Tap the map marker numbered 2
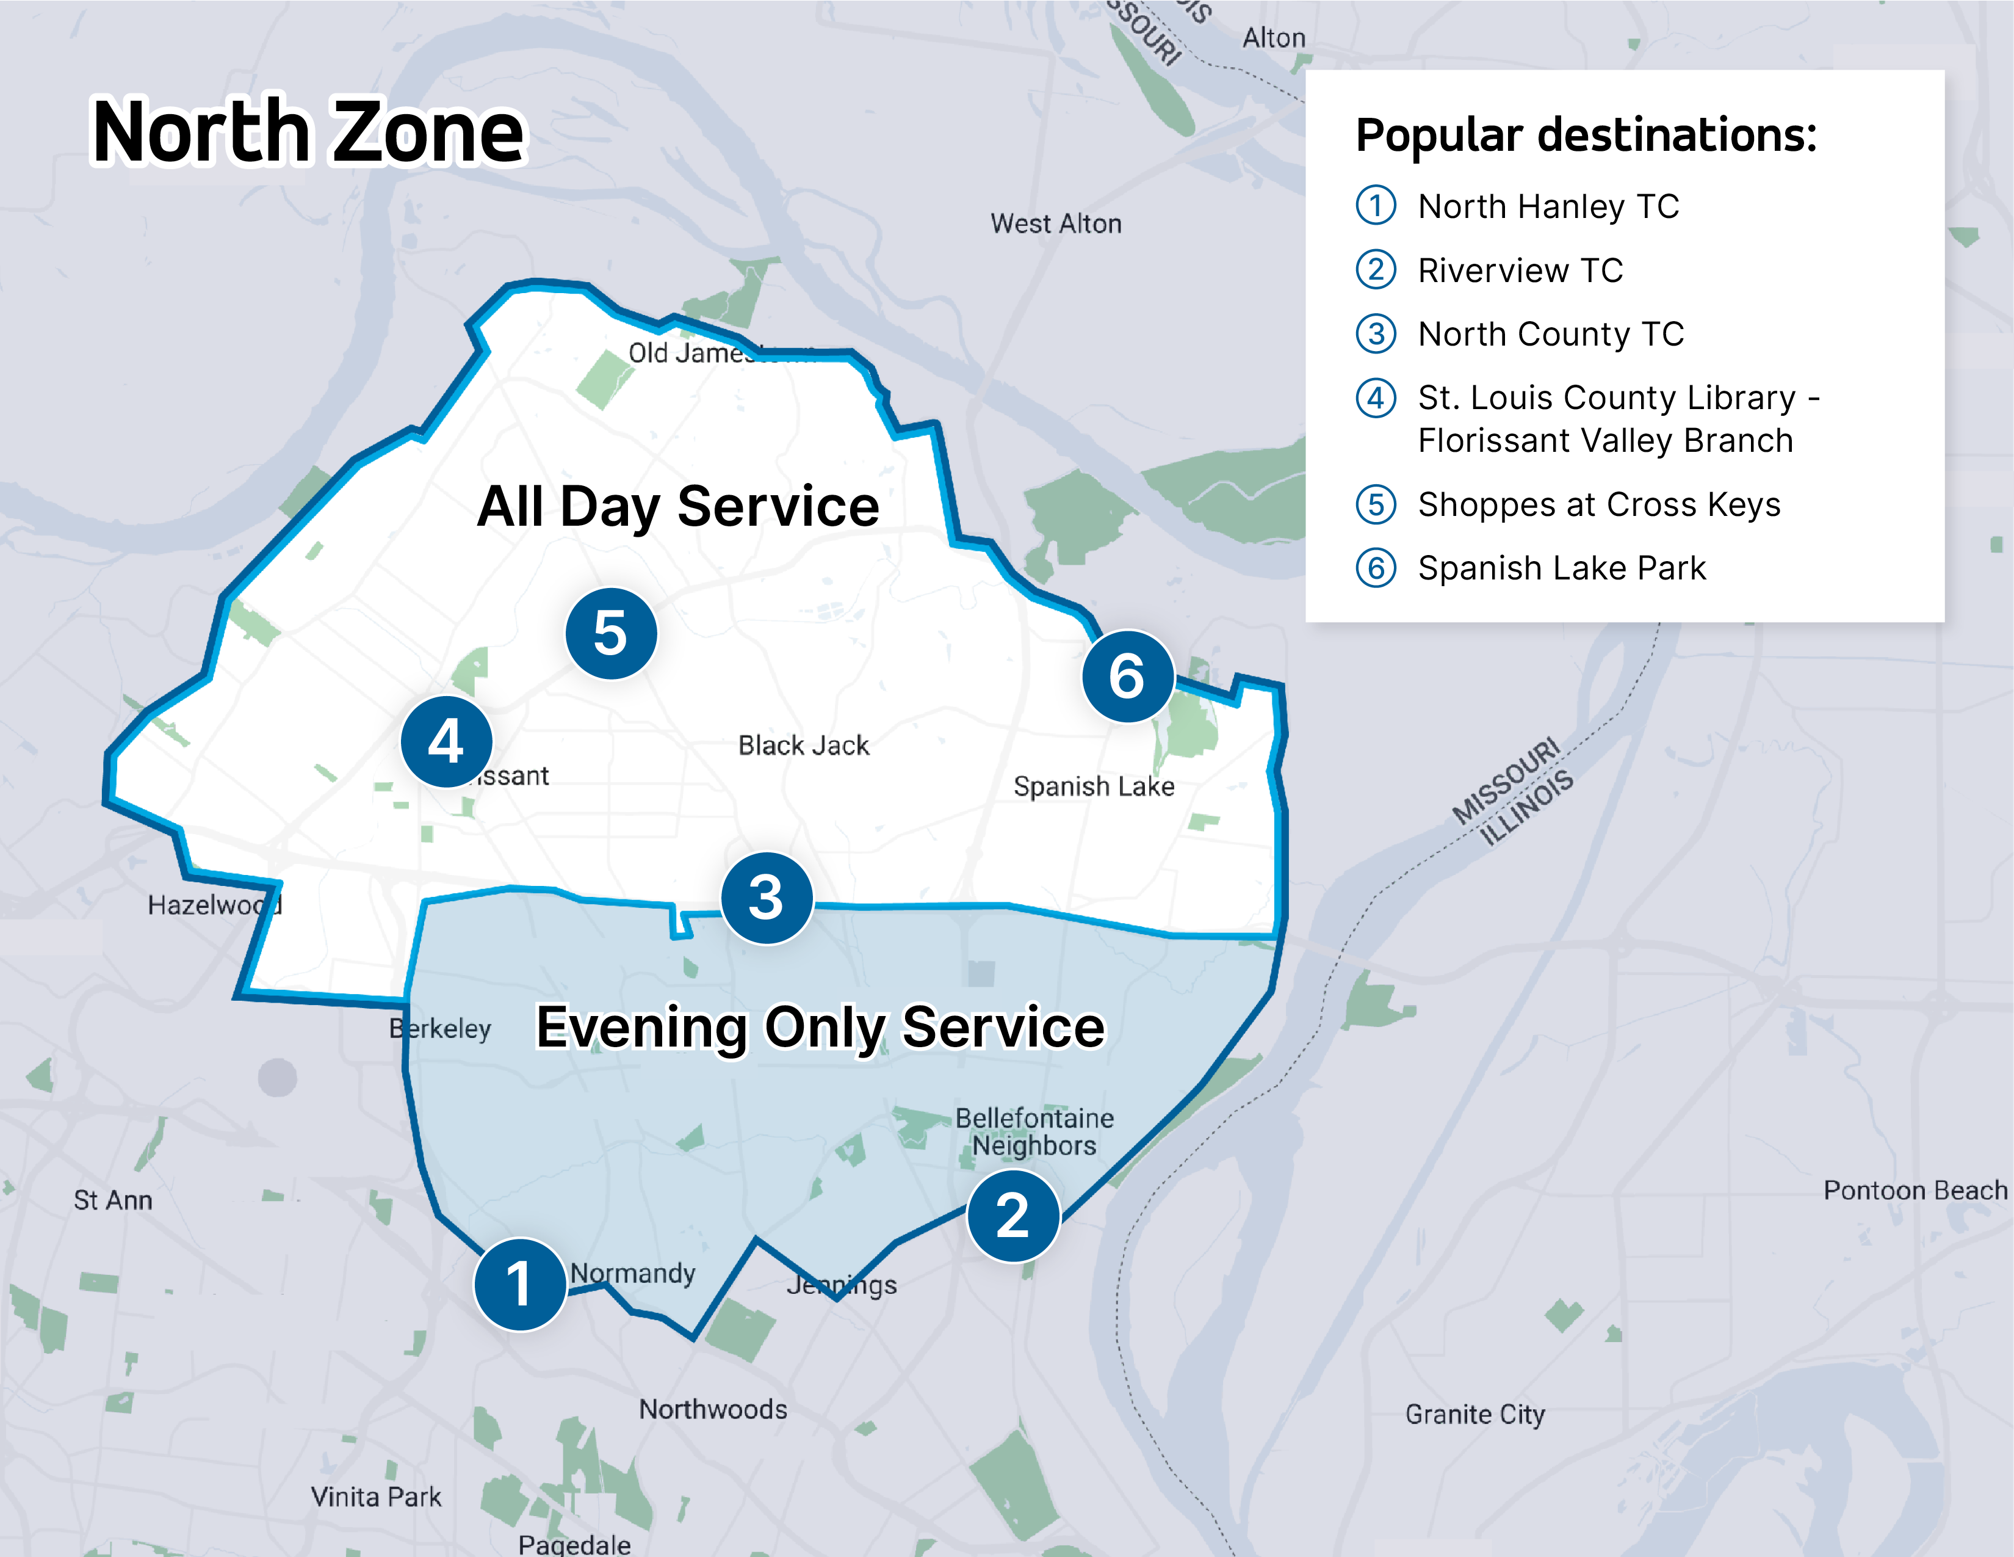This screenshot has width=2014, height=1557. pyautogui.click(x=1012, y=1216)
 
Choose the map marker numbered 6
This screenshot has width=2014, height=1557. pyautogui.click(x=1127, y=676)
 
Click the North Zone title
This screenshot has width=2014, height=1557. pyautogui.click(x=308, y=132)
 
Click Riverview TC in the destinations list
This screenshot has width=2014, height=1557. pyautogui.click(x=1520, y=270)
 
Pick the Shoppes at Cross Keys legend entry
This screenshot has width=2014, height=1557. pyautogui.click(x=1599, y=504)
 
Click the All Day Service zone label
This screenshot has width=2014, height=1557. pyautogui.click(x=678, y=506)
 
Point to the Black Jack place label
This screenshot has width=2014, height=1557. pyautogui.click(x=803, y=746)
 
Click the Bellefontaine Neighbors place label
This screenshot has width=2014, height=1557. pyautogui.click(x=1034, y=1132)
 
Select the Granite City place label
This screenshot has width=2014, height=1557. pyautogui.click(x=1474, y=1415)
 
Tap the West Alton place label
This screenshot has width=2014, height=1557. pyautogui.click(x=1056, y=224)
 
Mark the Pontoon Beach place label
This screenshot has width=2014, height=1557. pyautogui.click(x=1915, y=1191)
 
